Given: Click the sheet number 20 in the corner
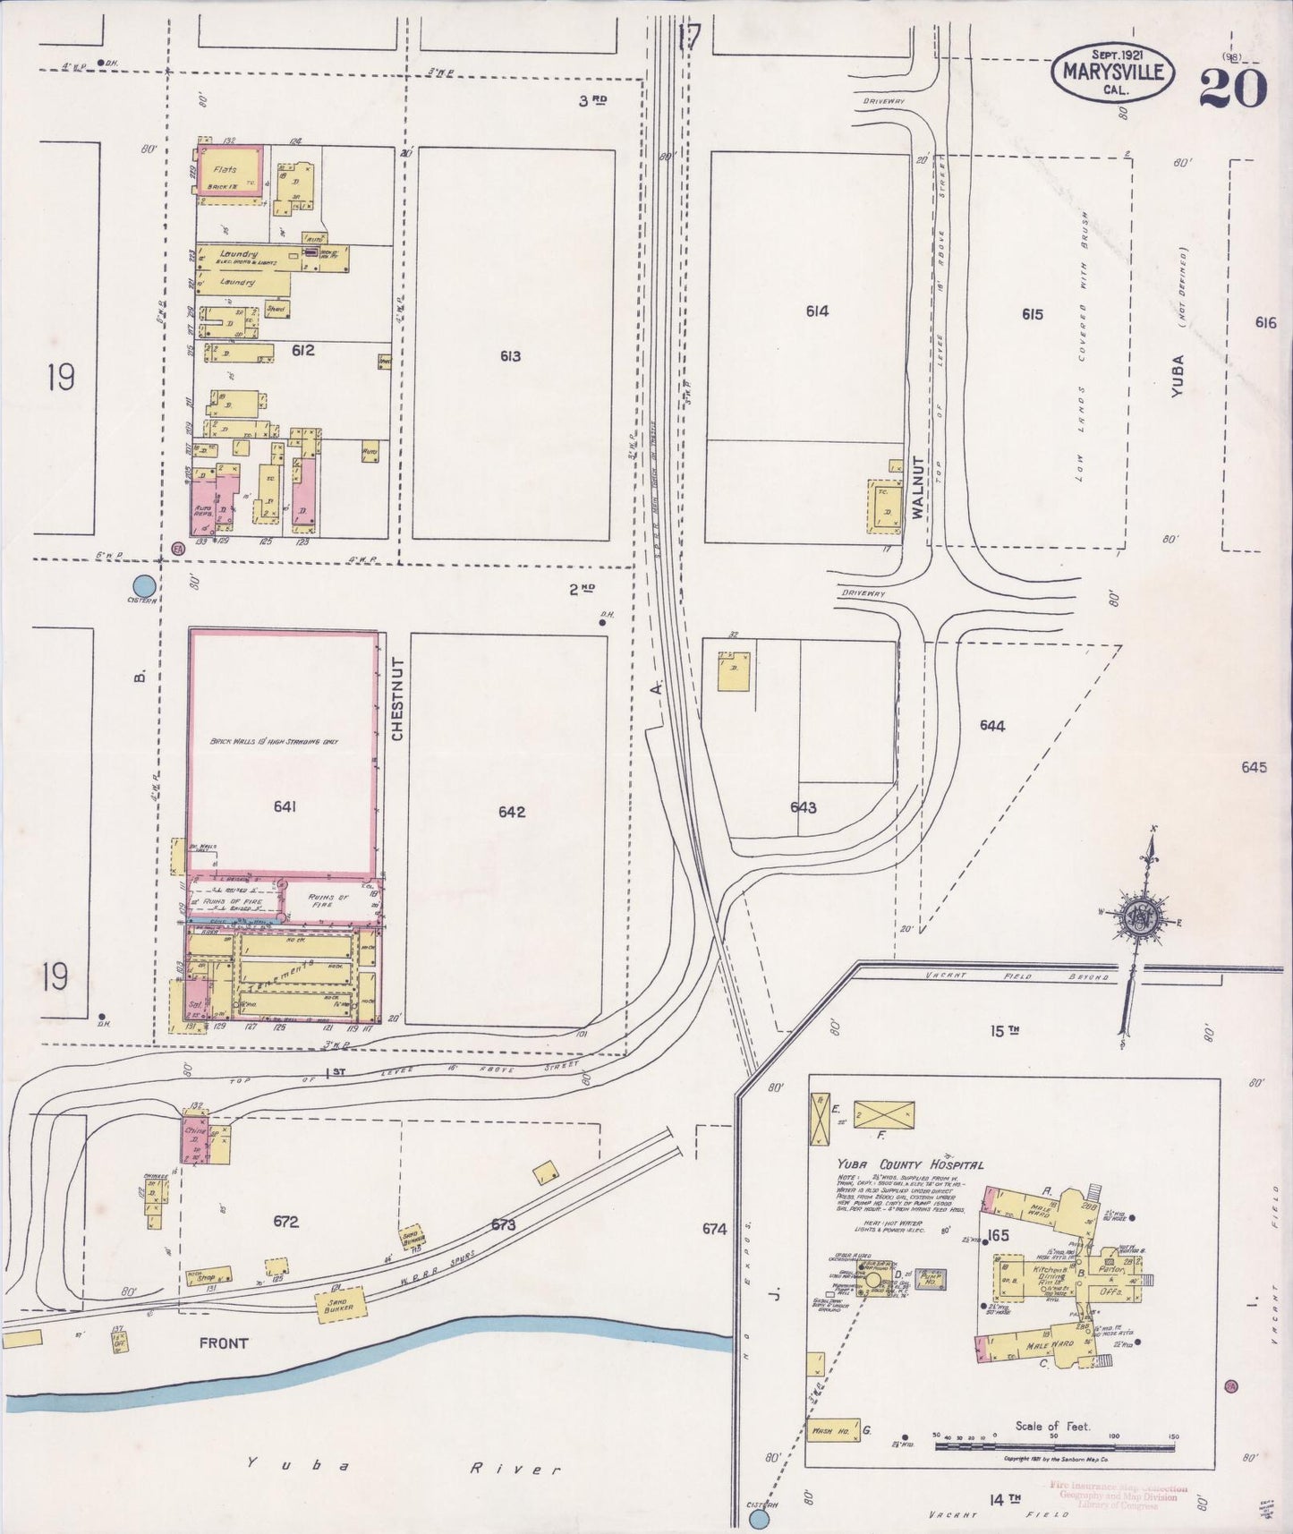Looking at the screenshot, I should [x=1233, y=86].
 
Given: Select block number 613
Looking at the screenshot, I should [x=511, y=356].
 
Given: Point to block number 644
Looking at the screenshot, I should [x=992, y=726].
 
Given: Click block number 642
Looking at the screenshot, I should [x=512, y=812].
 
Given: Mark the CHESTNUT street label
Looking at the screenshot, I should [x=398, y=699].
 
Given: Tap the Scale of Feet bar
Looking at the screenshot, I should [x=1056, y=1445].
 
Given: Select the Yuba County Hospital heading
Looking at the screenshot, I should [x=910, y=1164].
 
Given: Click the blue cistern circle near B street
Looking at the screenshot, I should [x=145, y=586].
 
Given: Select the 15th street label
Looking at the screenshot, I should [x=1004, y=1031].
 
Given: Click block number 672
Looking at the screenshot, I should [x=285, y=1222].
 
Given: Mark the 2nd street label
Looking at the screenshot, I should [x=583, y=589].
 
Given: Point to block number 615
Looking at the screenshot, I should [x=1032, y=314].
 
